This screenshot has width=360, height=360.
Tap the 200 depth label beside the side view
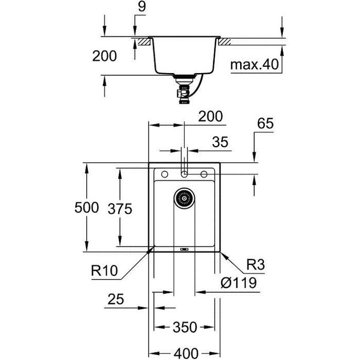coord(105,56)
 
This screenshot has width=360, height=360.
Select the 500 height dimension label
coord(87,207)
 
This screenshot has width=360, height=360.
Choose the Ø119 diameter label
coord(239,283)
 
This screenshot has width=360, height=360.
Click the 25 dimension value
coord(116,300)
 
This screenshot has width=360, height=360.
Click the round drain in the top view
coord(184,198)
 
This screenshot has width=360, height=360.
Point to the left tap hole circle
coord(164,174)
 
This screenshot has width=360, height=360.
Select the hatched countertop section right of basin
coord(227,42)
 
